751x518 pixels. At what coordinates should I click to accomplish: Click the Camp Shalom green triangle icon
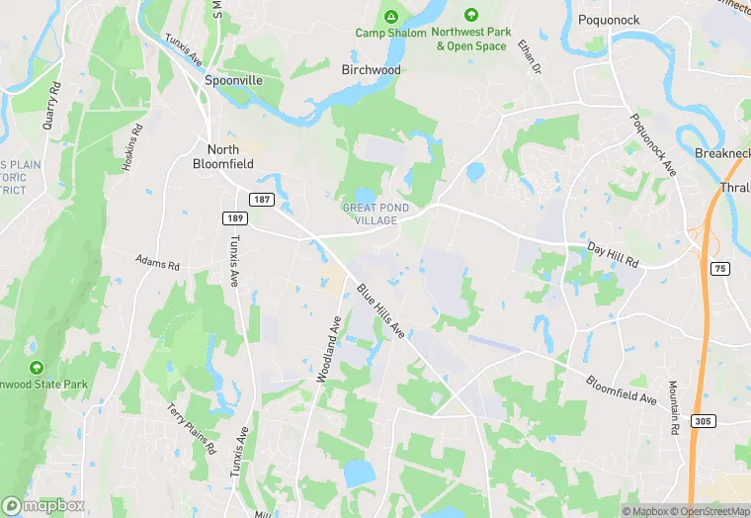point(391,17)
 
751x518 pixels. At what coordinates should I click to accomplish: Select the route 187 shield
point(262,199)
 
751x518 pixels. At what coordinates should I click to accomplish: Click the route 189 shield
point(234,216)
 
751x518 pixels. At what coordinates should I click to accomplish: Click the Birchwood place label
point(371,70)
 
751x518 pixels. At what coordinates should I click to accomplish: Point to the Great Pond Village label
point(371,214)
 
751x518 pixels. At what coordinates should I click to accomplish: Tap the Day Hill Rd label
point(614,254)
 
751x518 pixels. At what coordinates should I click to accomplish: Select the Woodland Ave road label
point(328,349)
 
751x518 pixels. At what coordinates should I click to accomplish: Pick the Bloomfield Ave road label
point(621,389)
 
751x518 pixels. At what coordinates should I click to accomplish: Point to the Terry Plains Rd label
point(191,428)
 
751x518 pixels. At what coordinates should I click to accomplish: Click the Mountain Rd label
point(673,405)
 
